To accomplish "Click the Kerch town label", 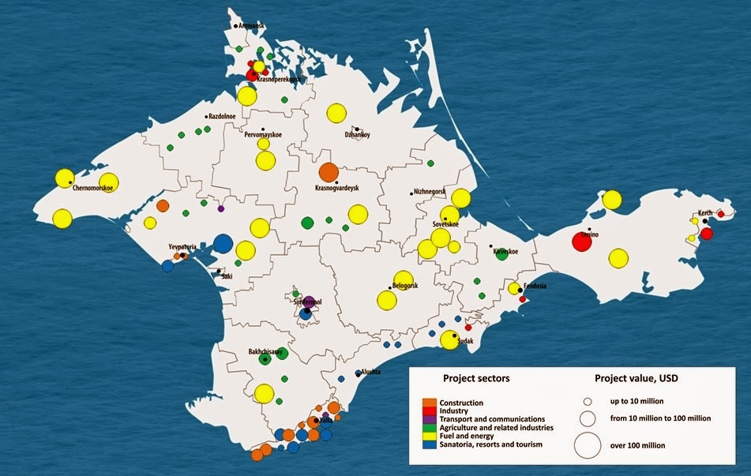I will coord(705,214).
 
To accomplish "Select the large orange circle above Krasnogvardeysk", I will coord(329,173).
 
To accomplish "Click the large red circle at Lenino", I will coord(581,242).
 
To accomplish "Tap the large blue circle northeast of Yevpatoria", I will coord(223,243).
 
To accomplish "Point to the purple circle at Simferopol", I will coord(310,302).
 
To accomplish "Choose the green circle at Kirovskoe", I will coord(501,254).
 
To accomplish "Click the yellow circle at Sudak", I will coord(449,340).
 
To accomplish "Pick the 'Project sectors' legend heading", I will coord(476,378).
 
